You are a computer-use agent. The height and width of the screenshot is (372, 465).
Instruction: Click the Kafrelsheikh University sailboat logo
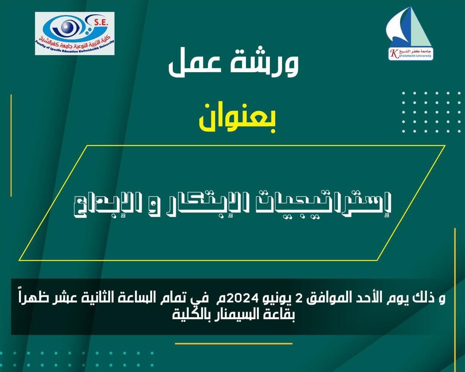pos(409,33)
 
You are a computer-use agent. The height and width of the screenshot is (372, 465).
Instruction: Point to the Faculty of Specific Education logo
pos(74,33)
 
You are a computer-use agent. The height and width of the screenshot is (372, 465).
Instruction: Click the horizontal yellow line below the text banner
pos(233,344)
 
